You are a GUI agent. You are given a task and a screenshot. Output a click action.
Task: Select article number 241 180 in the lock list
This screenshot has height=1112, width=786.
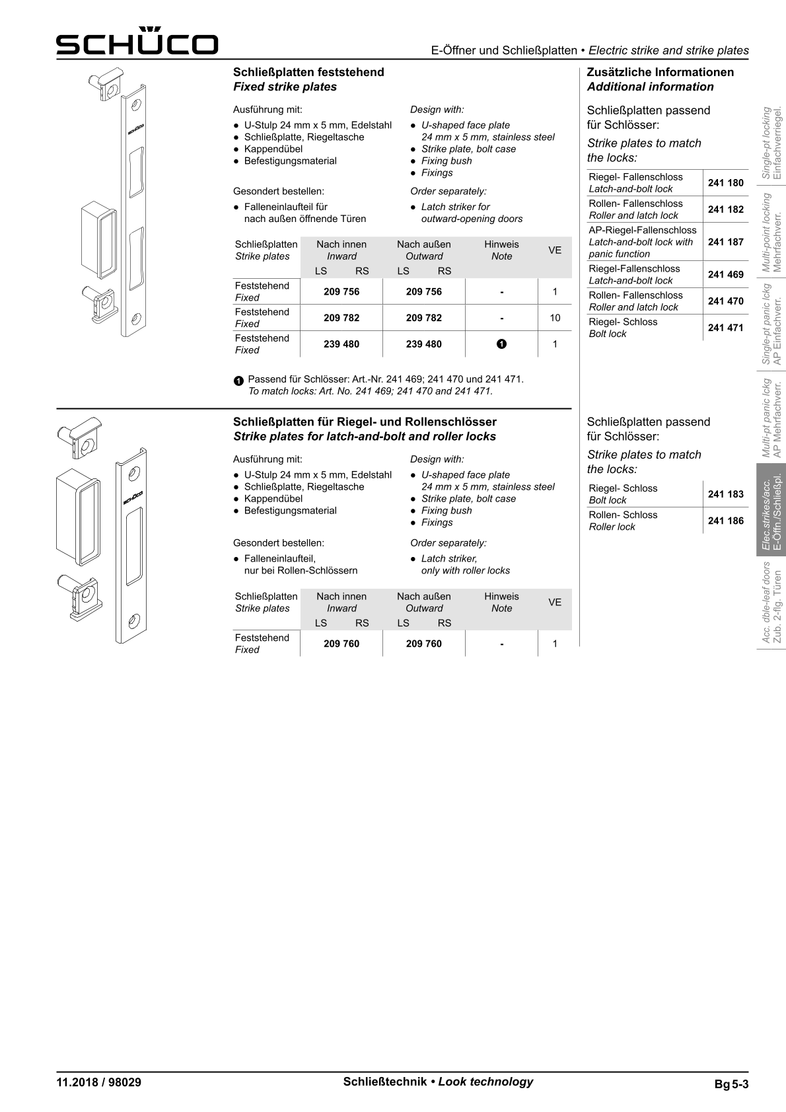click(725, 183)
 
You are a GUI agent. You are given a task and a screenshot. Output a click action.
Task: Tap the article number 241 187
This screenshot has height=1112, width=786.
click(725, 242)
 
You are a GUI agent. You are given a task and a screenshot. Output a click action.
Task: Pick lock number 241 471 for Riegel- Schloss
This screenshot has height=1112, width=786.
click(725, 328)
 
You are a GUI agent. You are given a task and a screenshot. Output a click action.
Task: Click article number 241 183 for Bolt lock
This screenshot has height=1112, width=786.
click(725, 494)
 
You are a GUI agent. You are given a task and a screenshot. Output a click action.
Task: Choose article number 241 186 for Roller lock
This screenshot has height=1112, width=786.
click(725, 521)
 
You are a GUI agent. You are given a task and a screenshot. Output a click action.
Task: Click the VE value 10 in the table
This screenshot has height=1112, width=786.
click(555, 318)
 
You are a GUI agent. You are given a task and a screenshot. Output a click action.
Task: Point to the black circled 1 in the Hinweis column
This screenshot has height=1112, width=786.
click(501, 344)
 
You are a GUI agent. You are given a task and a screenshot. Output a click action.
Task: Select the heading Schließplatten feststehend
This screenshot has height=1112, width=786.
click(308, 72)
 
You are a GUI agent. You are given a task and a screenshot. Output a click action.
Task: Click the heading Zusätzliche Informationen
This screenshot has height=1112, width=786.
click(660, 72)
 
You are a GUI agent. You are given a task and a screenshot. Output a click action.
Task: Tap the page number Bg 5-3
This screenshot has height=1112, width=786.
click(731, 1084)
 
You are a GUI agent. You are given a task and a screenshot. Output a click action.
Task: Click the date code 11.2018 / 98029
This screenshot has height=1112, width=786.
click(99, 1082)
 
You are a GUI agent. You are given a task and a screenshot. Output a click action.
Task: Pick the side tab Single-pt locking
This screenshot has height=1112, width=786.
click(771, 143)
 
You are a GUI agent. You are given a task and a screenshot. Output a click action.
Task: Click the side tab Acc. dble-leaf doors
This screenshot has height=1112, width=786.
click(771, 602)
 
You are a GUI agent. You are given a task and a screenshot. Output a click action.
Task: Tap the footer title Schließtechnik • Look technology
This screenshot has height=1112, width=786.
click(438, 1082)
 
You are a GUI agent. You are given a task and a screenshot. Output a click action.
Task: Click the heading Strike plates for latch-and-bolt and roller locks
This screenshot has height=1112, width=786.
click(365, 436)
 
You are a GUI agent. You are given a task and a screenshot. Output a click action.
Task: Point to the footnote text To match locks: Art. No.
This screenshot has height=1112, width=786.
click(370, 391)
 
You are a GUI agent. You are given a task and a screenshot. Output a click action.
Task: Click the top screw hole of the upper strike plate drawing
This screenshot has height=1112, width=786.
click(135, 104)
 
